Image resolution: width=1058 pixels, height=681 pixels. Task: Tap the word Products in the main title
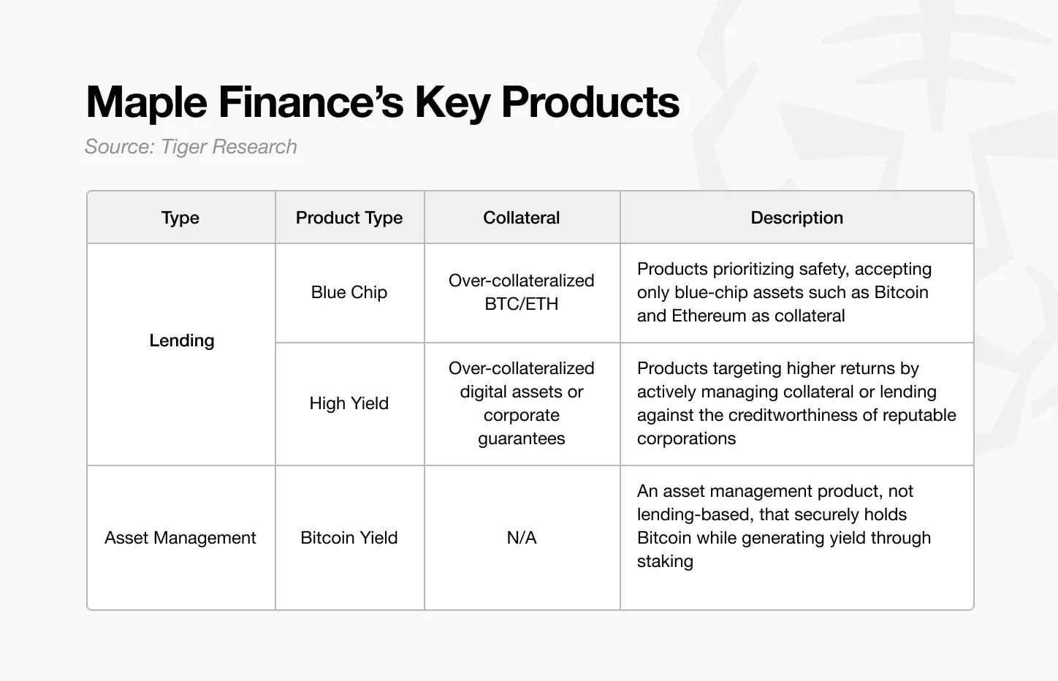pos(590,102)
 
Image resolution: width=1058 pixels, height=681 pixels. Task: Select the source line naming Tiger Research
pos(191,147)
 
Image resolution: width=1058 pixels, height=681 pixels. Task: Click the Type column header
pos(180,218)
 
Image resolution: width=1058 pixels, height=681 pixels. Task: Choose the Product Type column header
pos(349,218)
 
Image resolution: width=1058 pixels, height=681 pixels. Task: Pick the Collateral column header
pos(522,218)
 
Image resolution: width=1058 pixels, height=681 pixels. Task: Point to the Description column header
pos(796,218)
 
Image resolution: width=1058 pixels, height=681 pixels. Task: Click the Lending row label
pos(182,340)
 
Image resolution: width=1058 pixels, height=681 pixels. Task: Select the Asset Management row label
pos(180,538)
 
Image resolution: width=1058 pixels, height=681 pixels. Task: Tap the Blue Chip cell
pos(349,292)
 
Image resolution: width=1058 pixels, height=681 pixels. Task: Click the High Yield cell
pos(349,403)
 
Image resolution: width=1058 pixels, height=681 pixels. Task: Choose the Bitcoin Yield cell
pos(349,538)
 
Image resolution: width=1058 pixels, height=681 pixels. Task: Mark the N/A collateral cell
pos(522,538)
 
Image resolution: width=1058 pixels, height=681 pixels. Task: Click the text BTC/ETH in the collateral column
pos(522,304)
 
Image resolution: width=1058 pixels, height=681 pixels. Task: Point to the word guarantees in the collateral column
pos(522,438)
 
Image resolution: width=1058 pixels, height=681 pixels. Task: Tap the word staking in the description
pos(665,561)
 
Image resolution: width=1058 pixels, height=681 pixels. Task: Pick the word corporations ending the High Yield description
pos(686,438)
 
